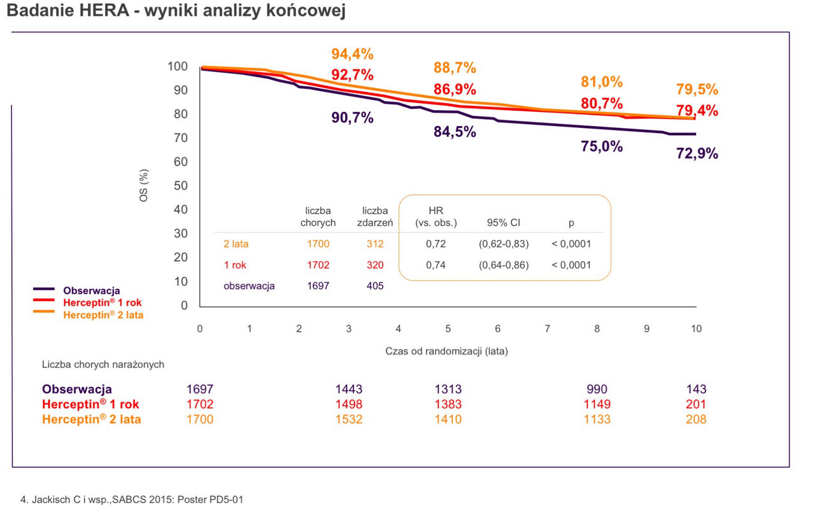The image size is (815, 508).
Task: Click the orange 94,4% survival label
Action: pos(352,53)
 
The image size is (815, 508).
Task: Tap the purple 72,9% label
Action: pos(697,153)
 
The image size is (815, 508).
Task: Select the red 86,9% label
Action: pos(455,89)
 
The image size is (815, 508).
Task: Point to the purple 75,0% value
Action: pos(602,146)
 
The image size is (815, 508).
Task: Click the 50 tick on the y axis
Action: pos(180,186)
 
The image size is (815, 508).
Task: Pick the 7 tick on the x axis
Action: pos(547,328)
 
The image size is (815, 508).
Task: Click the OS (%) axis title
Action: pos(144,186)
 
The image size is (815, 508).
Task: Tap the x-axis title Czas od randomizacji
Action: pos(446,351)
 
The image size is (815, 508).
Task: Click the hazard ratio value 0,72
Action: pos(436,244)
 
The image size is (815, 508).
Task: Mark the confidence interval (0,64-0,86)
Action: pos(504,265)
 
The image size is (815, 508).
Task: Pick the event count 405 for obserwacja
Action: pos(375,286)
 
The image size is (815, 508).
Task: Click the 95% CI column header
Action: pos(504,223)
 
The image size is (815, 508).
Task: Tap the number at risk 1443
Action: pos(349,389)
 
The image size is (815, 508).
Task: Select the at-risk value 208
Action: pos(697,419)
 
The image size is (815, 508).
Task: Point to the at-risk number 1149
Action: pos(597,404)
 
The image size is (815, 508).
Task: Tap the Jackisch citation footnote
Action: pos(132,500)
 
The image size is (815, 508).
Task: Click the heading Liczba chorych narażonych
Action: pos(103,365)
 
